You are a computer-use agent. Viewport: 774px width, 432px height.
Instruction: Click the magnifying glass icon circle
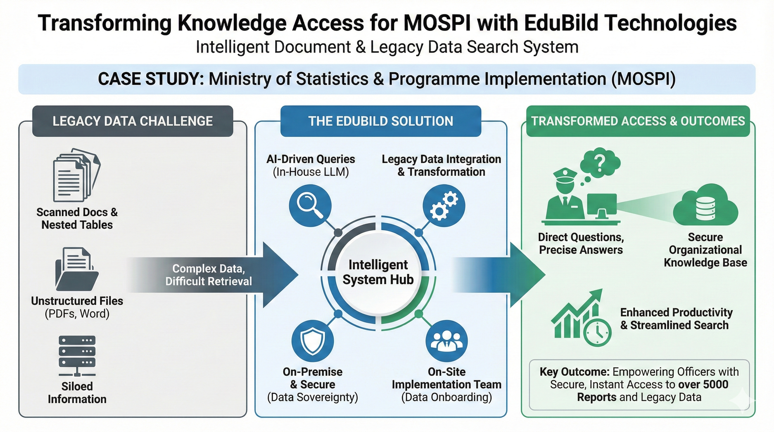(310, 206)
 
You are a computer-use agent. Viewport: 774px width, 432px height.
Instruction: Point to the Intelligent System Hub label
(378, 272)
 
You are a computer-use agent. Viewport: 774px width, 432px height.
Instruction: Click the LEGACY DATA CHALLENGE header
(132, 121)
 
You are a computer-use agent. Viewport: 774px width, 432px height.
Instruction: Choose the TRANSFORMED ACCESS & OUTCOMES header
(638, 121)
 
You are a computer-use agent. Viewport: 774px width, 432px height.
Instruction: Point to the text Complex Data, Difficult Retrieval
(208, 275)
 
